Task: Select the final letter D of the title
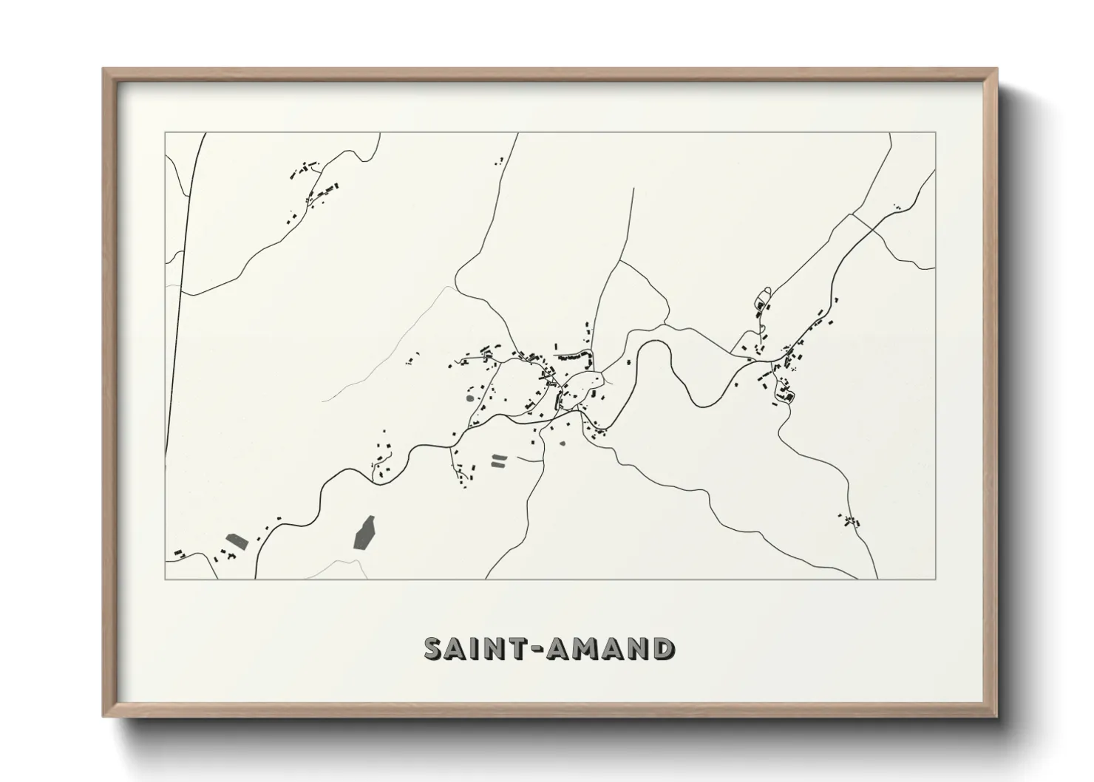[x=662, y=648]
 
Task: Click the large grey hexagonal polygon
[x=364, y=534]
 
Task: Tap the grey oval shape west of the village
[x=469, y=398]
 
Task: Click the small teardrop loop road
[x=762, y=299]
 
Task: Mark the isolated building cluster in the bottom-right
[x=850, y=520]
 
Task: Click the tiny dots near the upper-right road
[x=897, y=208]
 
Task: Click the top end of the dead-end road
[x=634, y=189]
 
